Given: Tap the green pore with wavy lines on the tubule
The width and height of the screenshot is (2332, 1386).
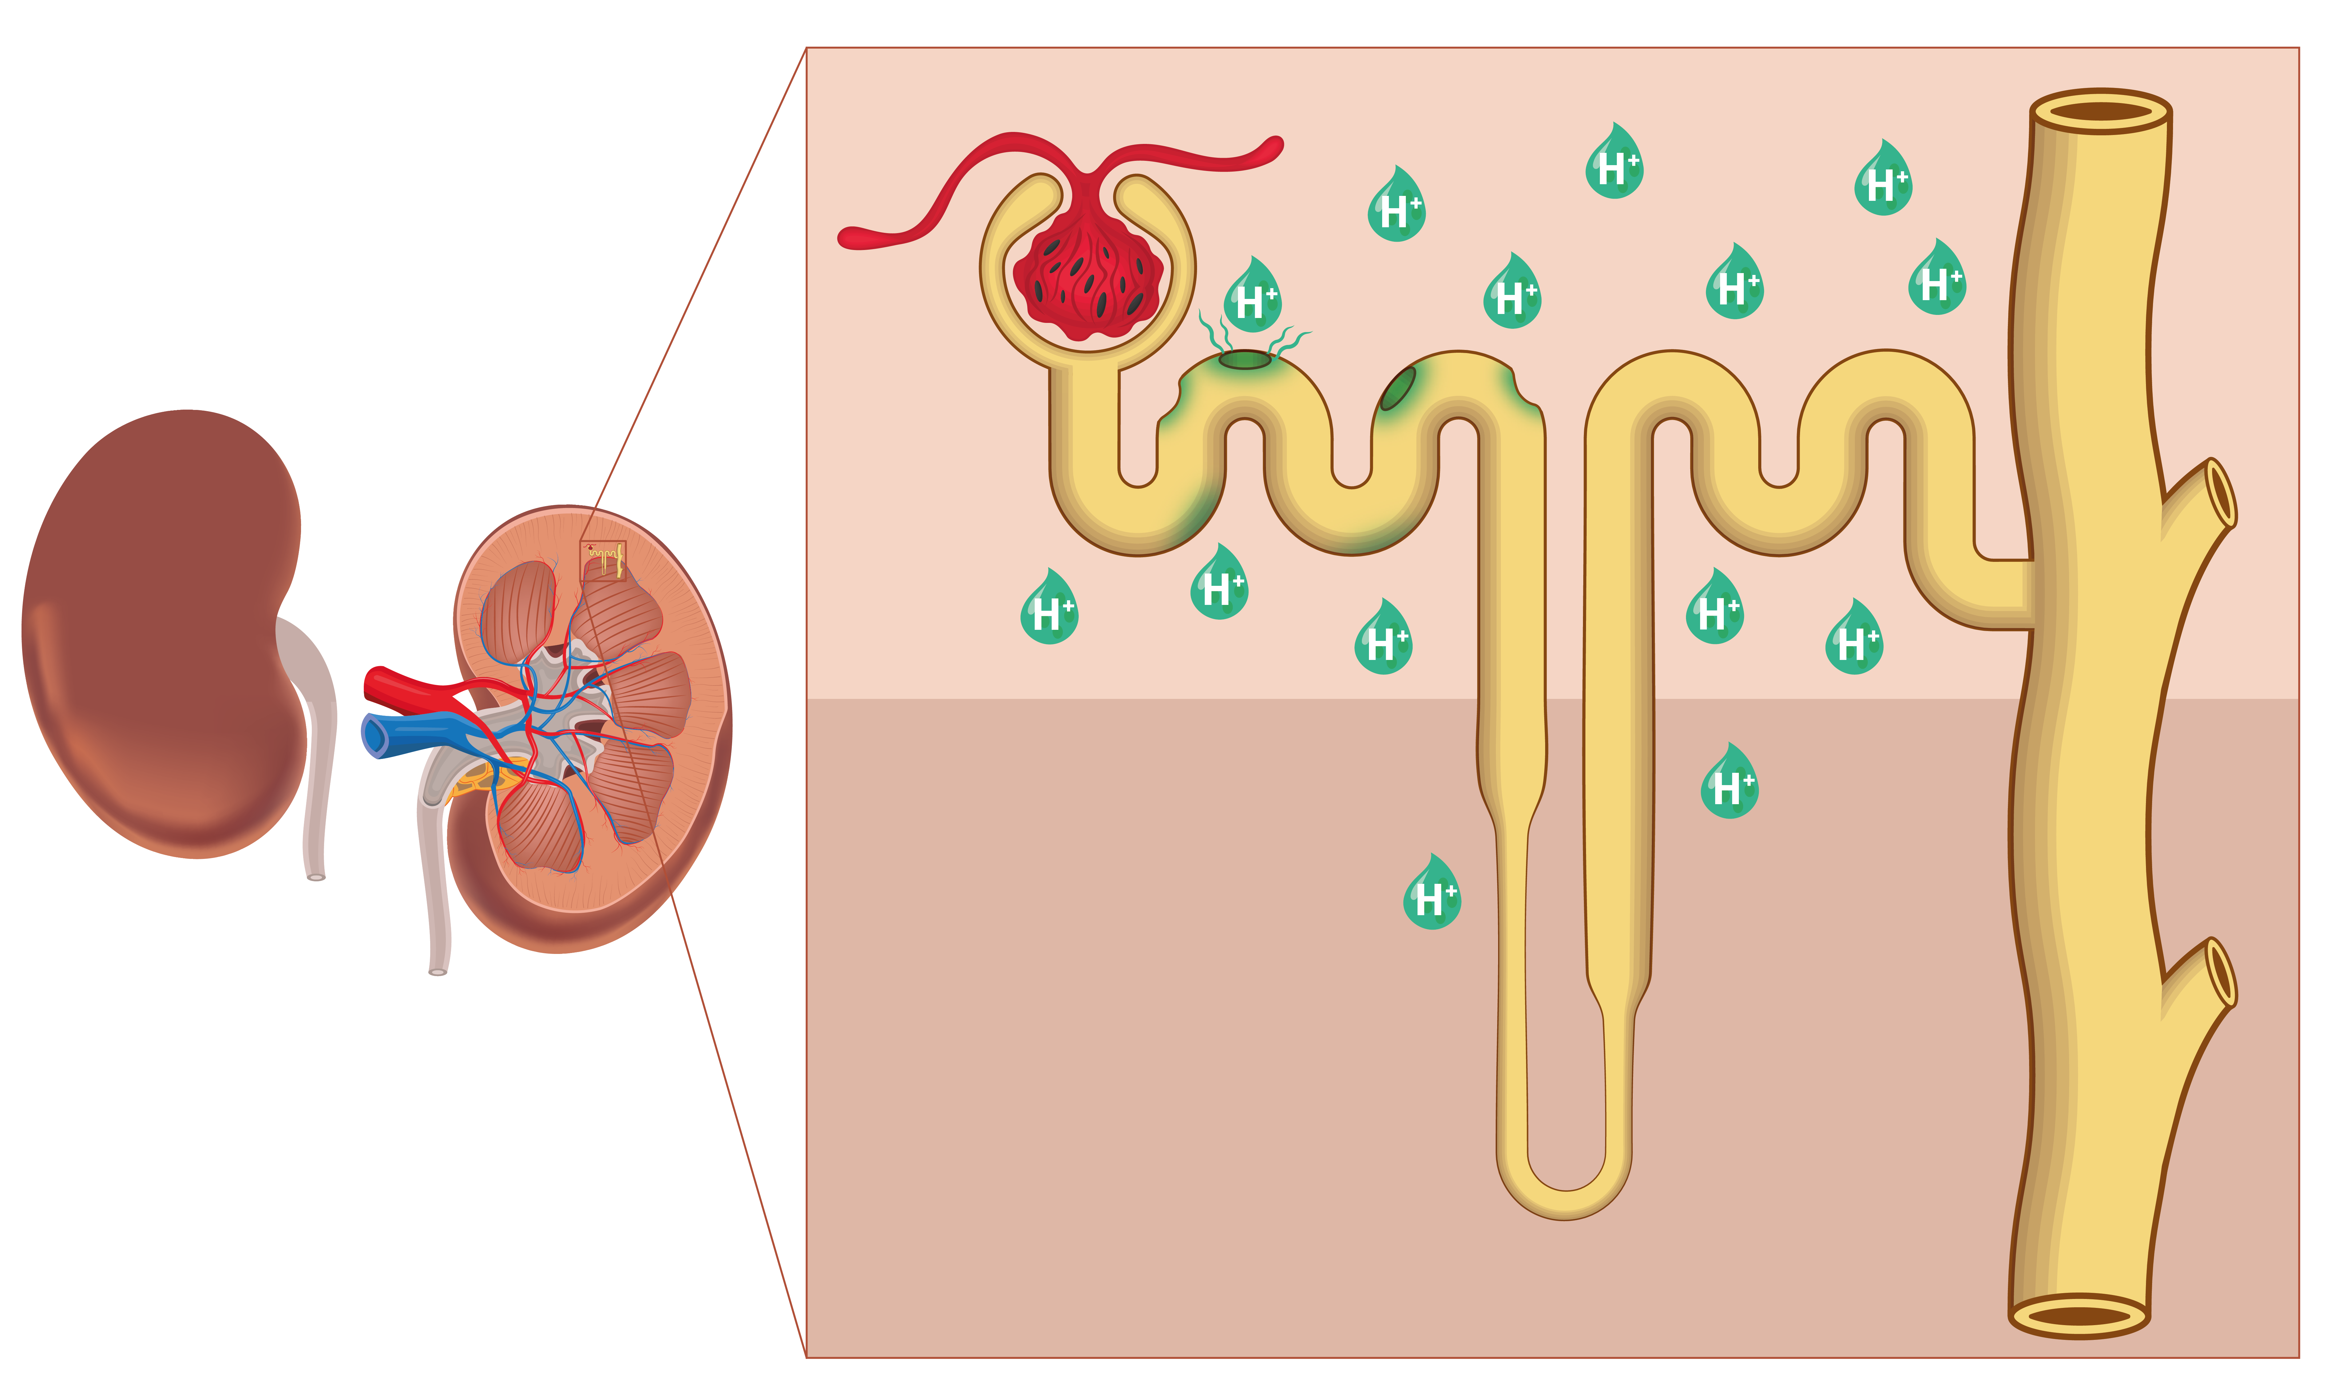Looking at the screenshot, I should (1245, 359).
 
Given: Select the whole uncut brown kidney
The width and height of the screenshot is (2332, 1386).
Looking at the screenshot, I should (159, 635).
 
